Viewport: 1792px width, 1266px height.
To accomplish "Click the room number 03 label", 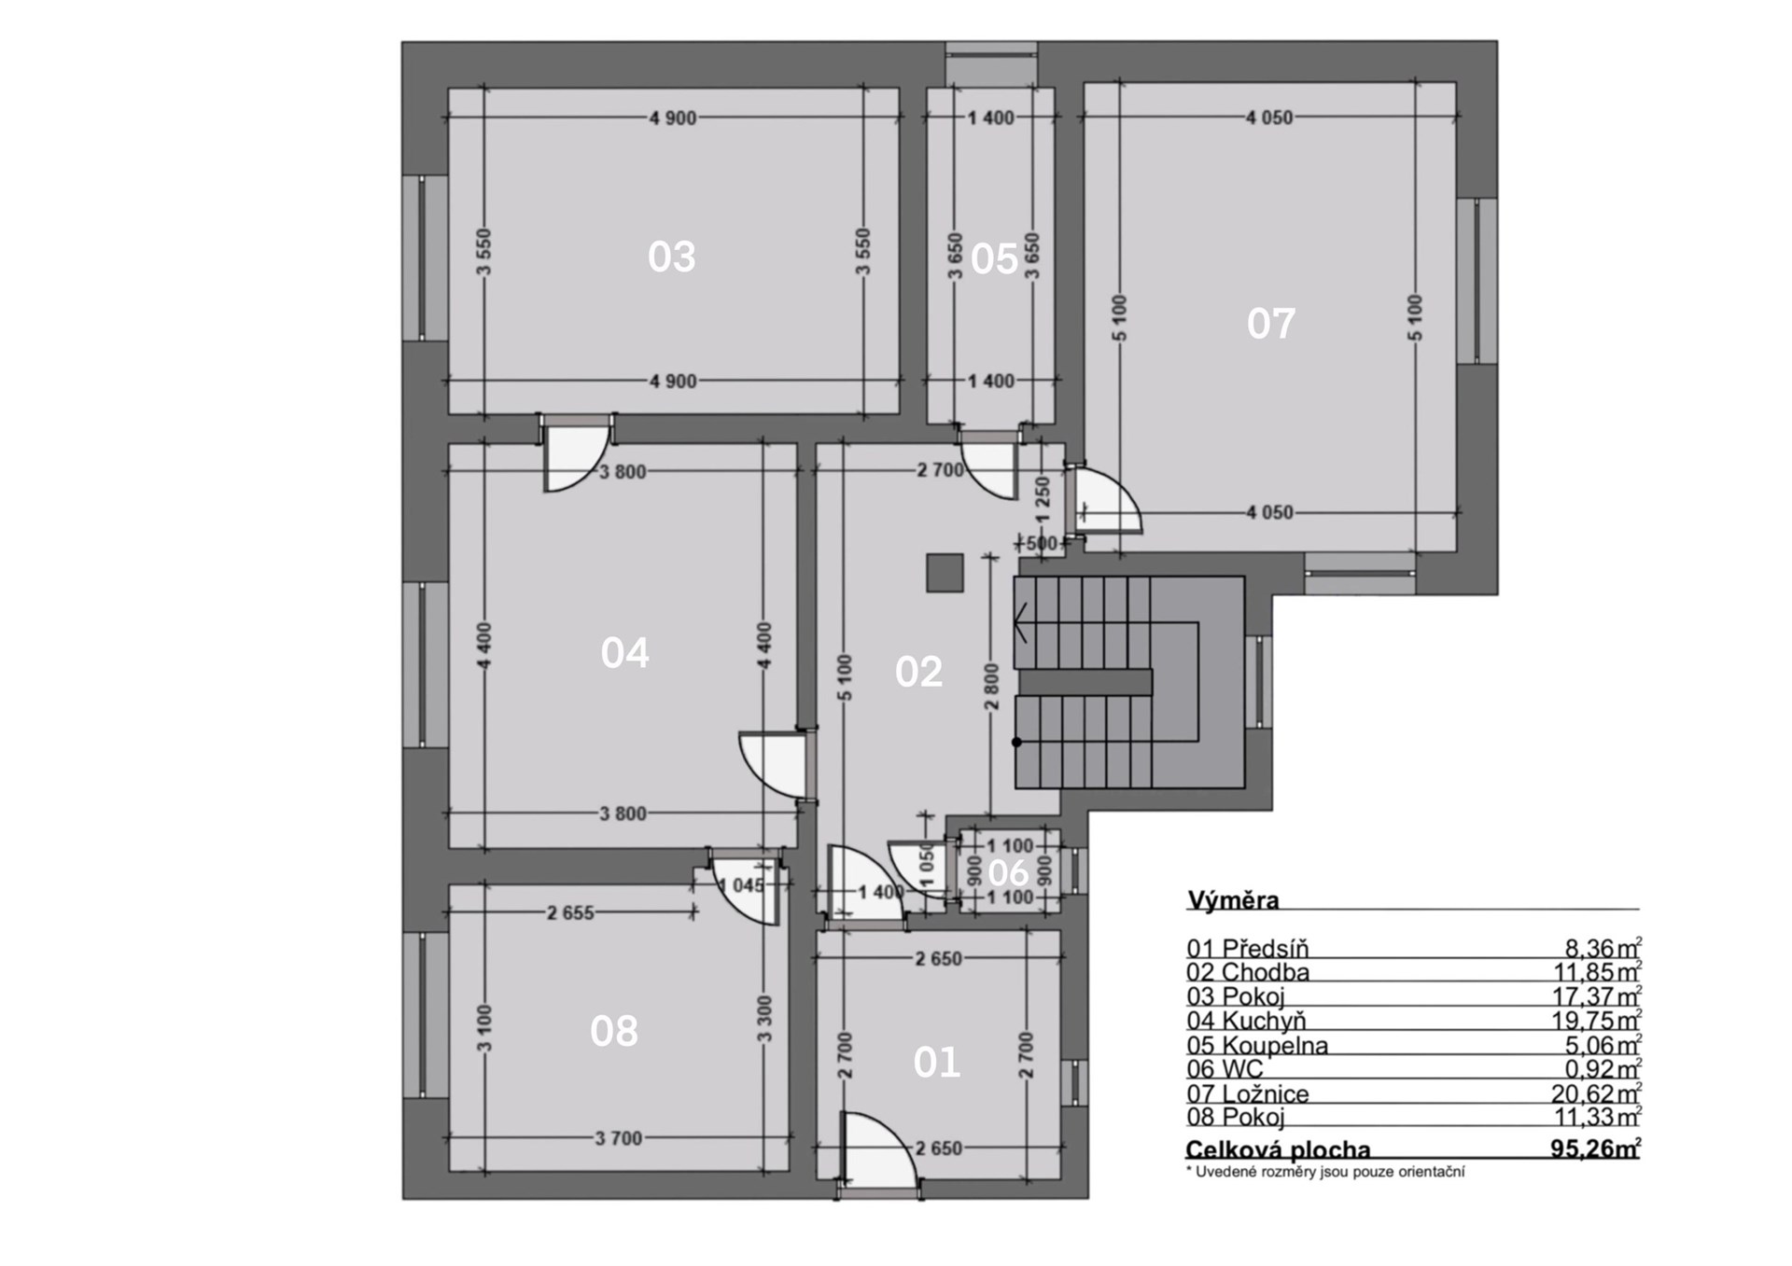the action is (x=671, y=257).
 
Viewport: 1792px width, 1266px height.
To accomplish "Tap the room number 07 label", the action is (x=1270, y=324).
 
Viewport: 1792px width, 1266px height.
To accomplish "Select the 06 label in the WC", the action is (x=1008, y=873).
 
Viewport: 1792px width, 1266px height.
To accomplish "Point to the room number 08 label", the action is (x=614, y=1031).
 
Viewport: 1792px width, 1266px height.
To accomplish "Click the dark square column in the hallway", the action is (x=945, y=573).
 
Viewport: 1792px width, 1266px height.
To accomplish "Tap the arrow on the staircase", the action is (x=1020, y=622).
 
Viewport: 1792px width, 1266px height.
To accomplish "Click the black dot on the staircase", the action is (x=1016, y=743).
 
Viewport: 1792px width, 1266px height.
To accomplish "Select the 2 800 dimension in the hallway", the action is (x=991, y=687).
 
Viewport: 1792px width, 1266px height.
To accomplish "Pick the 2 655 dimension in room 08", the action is (x=570, y=913).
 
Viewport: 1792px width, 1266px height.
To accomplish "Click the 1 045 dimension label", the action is (x=741, y=885).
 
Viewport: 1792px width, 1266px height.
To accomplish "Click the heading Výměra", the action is (x=1233, y=900).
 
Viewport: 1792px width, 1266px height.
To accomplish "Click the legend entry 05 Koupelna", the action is (x=1257, y=1045).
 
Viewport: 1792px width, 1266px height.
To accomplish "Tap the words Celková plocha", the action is (x=1278, y=1149).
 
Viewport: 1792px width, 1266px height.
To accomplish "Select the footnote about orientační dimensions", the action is (x=1325, y=1172).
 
